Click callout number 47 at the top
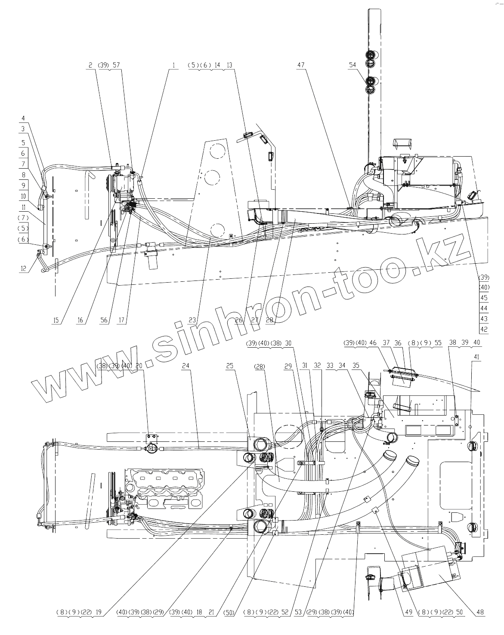click(300, 65)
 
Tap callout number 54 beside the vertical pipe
click(353, 65)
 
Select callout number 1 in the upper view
click(174, 65)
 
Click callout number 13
click(229, 65)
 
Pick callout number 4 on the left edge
click(23, 118)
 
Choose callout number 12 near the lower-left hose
click(23, 269)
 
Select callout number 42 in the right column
click(484, 330)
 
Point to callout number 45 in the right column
click(484, 298)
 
